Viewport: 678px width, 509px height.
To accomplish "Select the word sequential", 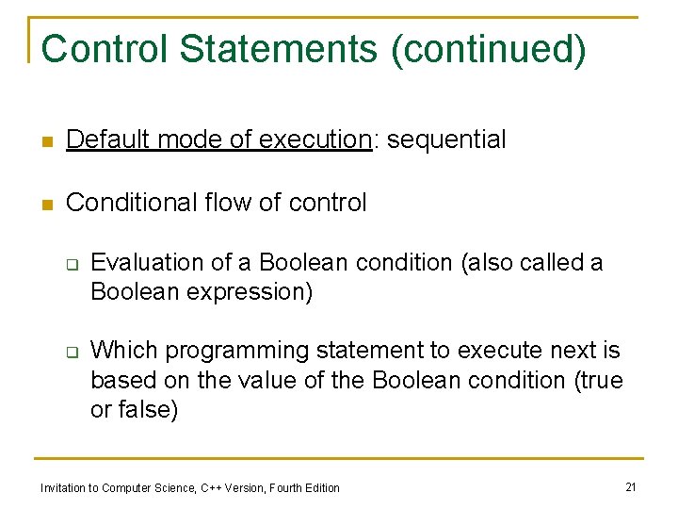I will (x=446, y=140).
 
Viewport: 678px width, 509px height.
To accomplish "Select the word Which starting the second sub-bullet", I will (x=120, y=352).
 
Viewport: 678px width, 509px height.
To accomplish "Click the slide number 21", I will (x=630, y=486).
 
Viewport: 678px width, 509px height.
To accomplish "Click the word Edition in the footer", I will (x=321, y=487).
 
